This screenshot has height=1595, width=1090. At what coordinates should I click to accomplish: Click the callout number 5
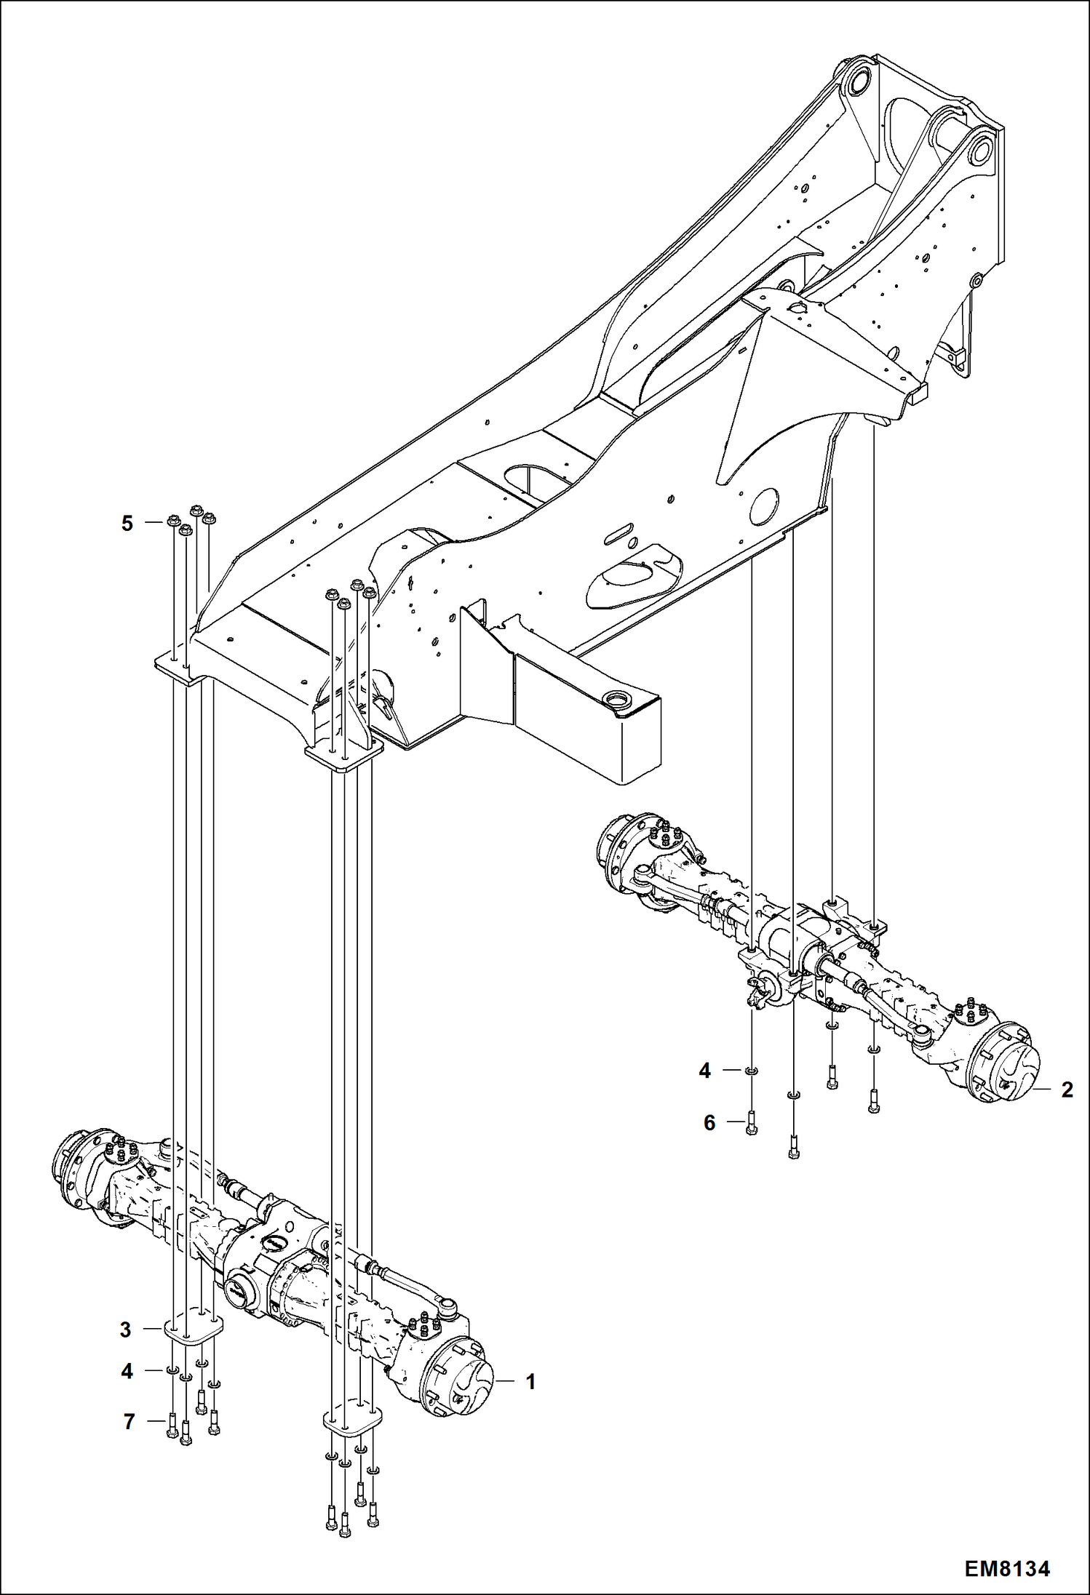click(127, 523)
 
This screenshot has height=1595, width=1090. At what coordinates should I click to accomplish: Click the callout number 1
click(530, 1381)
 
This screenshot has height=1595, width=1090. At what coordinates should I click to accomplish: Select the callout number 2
click(1067, 1090)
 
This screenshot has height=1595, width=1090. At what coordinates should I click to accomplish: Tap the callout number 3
click(126, 1330)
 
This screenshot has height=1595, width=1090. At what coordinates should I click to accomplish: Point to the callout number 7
click(129, 1421)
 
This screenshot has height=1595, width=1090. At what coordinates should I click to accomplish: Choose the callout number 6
click(709, 1122)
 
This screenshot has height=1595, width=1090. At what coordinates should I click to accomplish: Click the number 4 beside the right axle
click(704, 1071)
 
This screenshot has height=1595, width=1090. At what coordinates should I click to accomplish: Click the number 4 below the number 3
click(127, 1371)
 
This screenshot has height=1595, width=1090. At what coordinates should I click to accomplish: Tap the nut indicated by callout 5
click(173, 520)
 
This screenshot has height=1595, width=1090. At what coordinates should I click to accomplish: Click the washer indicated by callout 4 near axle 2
click(752, 1070)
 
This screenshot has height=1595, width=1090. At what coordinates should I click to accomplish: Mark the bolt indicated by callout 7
click(172, 1423)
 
